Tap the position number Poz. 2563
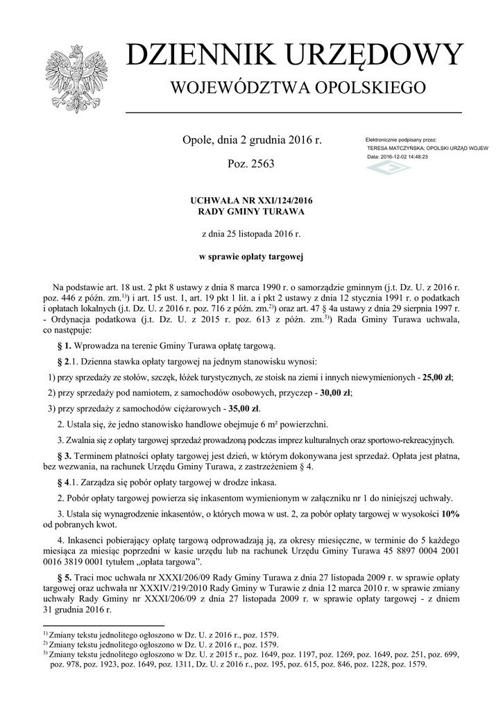pyautogui.click(x=251, y=164)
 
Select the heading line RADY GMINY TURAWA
pyautogui.click(x=252, y=211)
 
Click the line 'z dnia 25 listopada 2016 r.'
pyautogui.click(x=251, y=235)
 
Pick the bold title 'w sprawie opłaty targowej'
pyautogui.click(x=251, y=258)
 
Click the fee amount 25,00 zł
pyautogui.click(x=436, y=378)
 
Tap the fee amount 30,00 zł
pyautogui.click(x=335, y=393)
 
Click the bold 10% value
pyautogui.click(x=450, y=512)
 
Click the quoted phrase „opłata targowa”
pyautogui.click(x=167, y=561)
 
